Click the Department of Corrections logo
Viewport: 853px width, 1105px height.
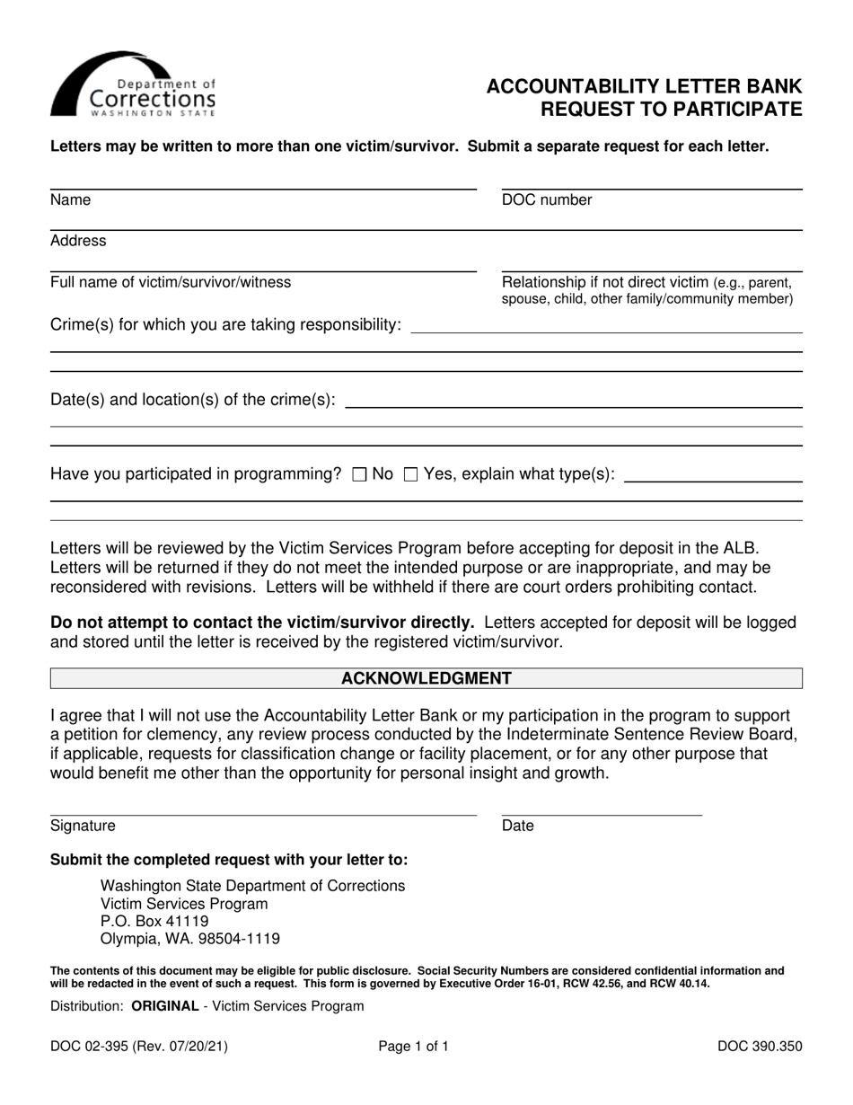click(x=133, y=85)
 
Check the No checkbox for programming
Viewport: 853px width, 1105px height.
click(x=359, y=475)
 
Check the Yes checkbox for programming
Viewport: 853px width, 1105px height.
click(x=411, y=475)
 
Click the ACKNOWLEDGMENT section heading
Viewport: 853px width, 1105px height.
click(x=426, y=678)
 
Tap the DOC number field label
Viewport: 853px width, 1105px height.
click(x=547, y=200)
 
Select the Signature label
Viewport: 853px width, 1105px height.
click(x=83, y=826)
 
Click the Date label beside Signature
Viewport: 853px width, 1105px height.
click(x=517, y=826)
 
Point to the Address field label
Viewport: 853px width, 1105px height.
click(x=78, y=241)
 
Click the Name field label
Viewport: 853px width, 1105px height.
click(x=71, y=200)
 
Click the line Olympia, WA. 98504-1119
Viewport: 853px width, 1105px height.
click(x=190, y=939)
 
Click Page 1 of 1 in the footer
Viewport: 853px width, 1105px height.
click(x=414, y=1046)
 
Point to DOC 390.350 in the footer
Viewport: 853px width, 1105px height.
click(x=760, y=1046)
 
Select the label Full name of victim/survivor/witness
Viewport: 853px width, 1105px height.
click(x=171, y=282)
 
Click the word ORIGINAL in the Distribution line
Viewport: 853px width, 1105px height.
click(x=165, y=1006)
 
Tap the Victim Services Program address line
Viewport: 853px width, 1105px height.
click(x=184, y=903)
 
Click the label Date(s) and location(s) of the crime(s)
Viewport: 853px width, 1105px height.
click(x=194, y=399)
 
